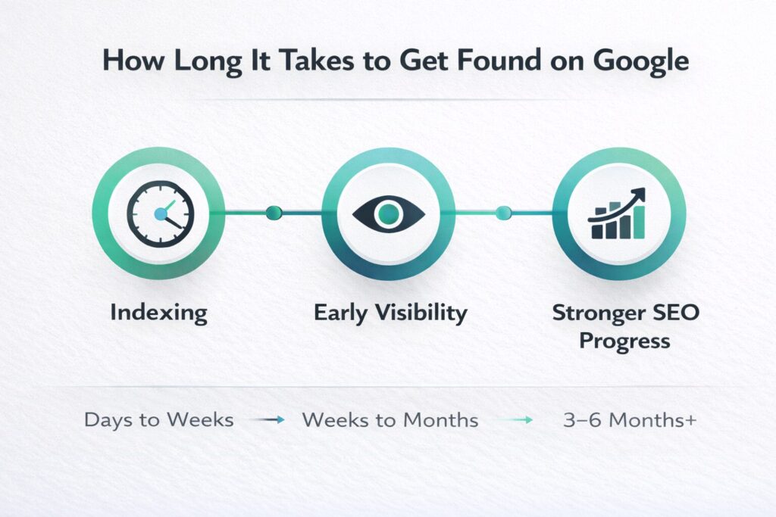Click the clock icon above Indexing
pyautogui.click(x=161, y=213)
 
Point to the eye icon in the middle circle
pyautogui.click(x=389, y=214)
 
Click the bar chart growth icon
pyautogui.click(x=617, y=213)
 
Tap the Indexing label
pyautogui.click(x=159, y=313)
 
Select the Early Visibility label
pyautogui.click(x=390, y=313)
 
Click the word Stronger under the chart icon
pyautogui.click(x=597, y=313)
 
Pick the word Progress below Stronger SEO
pyautogui.click(x=624, y=341)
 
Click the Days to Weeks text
pyautogui.click(x=159, y=420)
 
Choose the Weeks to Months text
pyautogui.click(x=390, y=420)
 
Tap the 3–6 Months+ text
pyautogui.click(x=630, y=420)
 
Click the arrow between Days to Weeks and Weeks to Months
pyautogui.click(x=268, y=420)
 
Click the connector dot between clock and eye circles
pyautogui.click(x=274, y=213)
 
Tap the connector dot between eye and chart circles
pyautogui.click(x=503, y=213)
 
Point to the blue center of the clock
pyautogui.click(x=161, y=214)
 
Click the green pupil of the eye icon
pyautogui.click(x=389, y=213)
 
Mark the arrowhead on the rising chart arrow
pyautogui.click(x=640, y=194)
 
